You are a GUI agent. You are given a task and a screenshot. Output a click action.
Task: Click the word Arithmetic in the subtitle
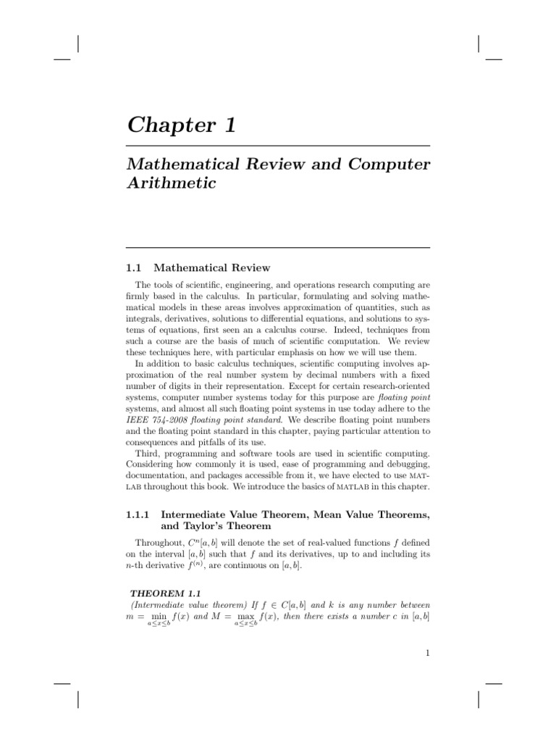coord(172,183)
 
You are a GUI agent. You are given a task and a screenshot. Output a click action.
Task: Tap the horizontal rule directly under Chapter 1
coord(278,146)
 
